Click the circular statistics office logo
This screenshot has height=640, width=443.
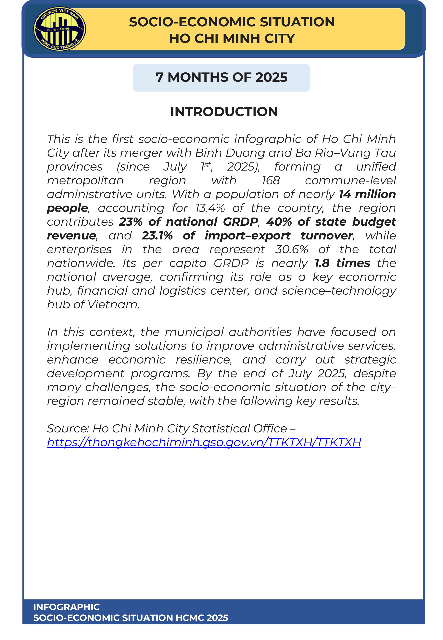click(x=60, y=29)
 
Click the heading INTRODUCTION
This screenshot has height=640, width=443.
click(x=224, y=112)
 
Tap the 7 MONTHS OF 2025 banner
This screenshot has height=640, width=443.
click(x=221, y=77)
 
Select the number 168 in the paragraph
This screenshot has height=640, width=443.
click(x=271, y=181)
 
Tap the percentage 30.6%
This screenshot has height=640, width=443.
click(x=291, y=250)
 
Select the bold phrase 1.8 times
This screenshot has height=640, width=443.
click(x=342, y=263)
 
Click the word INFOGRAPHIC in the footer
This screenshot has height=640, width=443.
click(x=66, y=607)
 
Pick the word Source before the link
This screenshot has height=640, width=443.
click(x=68, y=429)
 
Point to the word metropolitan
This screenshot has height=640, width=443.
click(x=85, y=181)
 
